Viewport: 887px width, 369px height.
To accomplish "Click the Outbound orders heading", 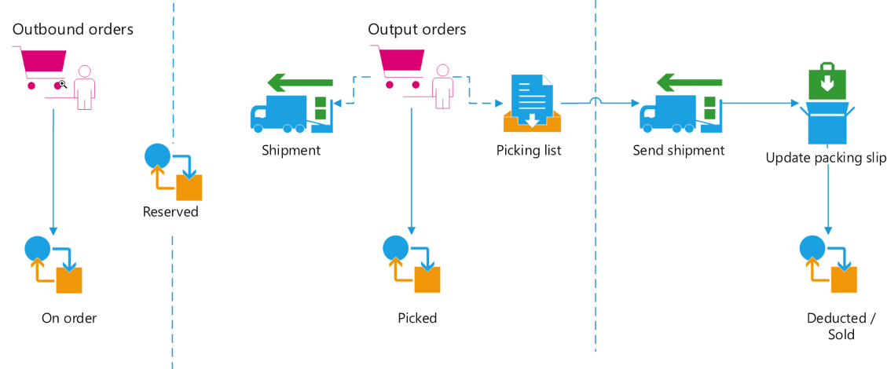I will (73, 30).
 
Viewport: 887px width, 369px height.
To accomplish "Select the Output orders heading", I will (417, 30).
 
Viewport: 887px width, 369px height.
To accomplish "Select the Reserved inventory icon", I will (174, 172).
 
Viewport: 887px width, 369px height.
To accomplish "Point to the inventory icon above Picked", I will (412, 265).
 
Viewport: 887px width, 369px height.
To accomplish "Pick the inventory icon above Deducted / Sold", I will (828, 265).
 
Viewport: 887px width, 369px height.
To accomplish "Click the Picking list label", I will (529, 151).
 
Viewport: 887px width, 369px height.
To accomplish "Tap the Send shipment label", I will (679, 150).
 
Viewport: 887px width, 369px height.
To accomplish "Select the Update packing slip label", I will (827, 159).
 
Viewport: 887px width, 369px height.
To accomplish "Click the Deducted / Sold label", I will (841, 326).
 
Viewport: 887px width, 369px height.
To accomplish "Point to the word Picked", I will (417, 318).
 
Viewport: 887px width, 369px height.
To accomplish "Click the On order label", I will (69, 318).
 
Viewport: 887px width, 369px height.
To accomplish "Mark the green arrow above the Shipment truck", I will (300, 82).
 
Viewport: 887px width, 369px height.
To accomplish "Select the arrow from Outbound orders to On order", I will (53, 173).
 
